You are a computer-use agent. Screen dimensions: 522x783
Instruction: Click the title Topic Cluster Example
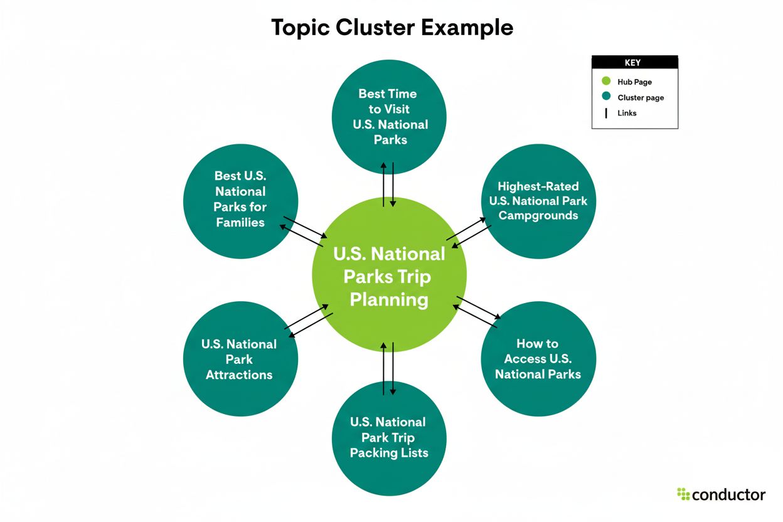click(391, 28)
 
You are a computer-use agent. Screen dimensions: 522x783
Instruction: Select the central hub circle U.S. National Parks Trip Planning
click(389, 276)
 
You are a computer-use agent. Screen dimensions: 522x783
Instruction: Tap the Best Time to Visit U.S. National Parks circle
click(388, 117)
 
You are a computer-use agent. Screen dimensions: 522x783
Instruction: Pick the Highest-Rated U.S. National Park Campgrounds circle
click(538, 201)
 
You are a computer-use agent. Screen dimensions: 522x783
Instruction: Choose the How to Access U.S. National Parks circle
click(538, 359)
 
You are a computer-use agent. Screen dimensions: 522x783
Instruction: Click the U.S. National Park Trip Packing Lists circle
click(388, 437)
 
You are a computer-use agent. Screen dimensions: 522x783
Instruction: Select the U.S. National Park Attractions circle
click(239, 360)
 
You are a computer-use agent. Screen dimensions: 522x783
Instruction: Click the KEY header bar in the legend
click(634, 63)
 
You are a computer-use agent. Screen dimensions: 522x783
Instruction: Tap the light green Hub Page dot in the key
click(606, 82)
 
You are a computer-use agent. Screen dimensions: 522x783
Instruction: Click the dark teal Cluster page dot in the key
click(606, 97)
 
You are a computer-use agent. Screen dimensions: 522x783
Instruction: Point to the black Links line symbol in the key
click(606, 114)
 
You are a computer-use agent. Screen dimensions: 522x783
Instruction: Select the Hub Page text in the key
click(634, 82)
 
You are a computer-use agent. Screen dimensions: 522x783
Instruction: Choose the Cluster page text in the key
click(641, 98)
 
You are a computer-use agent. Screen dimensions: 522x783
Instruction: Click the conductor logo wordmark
click(729, 494)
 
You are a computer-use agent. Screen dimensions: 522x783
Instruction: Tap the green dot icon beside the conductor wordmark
click(683, 494)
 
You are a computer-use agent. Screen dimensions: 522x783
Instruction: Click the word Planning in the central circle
click(389, 299)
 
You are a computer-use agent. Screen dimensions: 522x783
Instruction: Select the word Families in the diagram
click(240, 223)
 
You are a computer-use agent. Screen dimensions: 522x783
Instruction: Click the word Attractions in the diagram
click(239, 375)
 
